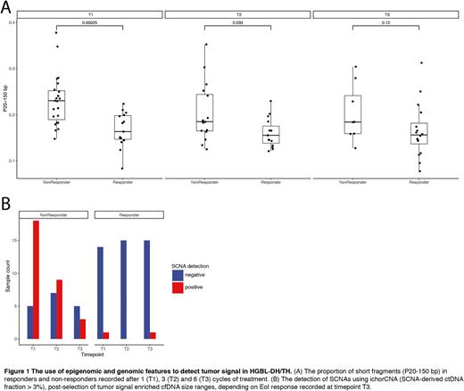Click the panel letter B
[7, 204]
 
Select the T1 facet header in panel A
[97, 14]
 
